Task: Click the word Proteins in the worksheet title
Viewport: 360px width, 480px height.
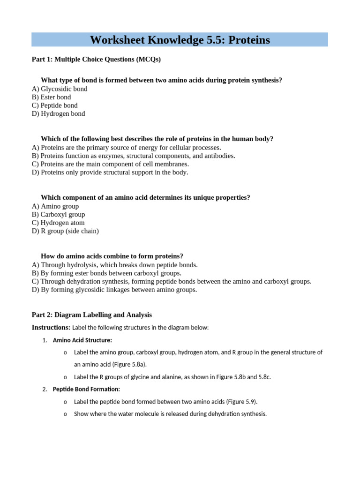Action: [x=247, y=40]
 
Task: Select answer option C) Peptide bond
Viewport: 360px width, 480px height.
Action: [x=55, y=105]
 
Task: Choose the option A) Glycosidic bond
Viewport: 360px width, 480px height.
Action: [x=60, y=89]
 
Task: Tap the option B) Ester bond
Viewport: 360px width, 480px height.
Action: [x=52, y=97]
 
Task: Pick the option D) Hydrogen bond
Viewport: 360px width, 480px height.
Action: [x=59, y=114]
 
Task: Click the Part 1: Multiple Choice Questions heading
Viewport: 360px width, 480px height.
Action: [x=96, y=59]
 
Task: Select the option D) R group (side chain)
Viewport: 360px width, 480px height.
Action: [x=65, y=231]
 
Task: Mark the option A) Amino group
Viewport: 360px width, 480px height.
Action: [x=55, y=206]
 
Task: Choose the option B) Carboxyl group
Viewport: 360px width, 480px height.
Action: [x=59, y=215]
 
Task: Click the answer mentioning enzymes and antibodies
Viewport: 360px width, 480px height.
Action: [x=134, y=156]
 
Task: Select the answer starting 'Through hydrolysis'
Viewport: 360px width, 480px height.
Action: [x=115, y=265]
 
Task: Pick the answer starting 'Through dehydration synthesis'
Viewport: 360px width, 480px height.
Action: [x=172, y=282]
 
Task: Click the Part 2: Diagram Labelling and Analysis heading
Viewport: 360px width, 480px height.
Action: [x=92, y=315]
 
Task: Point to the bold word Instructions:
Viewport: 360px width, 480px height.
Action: [x=51, y=327]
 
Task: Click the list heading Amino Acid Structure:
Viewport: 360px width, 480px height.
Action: [x=82, y=340]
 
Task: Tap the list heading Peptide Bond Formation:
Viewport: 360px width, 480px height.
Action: [x=86, y=389]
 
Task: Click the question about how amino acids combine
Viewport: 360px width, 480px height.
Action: [x=112, y=256]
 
